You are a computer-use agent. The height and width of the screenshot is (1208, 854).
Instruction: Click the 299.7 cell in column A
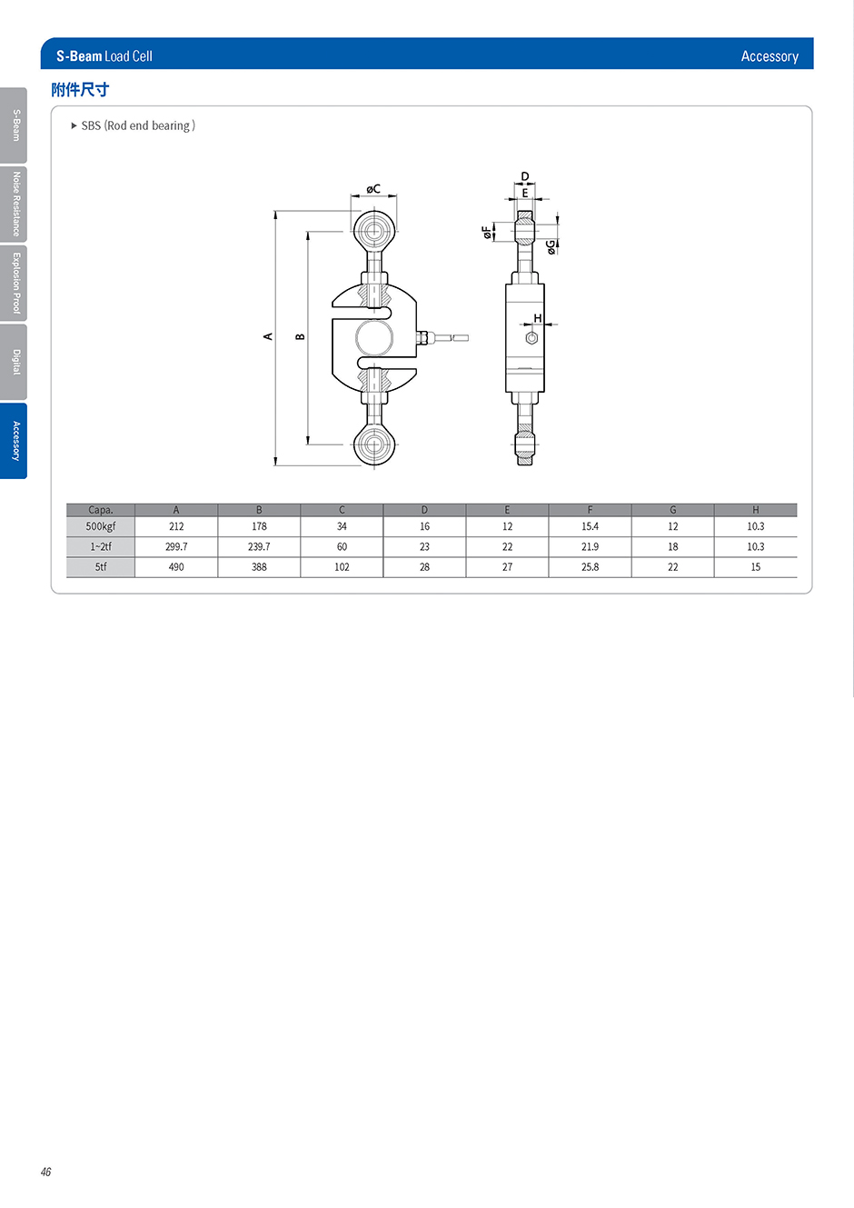click(x=176, y=547)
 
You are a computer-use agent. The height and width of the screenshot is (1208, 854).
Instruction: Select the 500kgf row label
click(x=101, y=526)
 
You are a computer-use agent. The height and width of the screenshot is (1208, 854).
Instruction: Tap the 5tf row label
click(x=101, y=567)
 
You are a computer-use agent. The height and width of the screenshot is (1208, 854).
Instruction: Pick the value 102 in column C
click(x=342, y=567)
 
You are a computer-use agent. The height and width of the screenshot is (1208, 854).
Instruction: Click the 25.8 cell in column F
click(x=590, y=567)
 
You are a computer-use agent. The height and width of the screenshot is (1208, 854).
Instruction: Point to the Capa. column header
click(x=101, y=510)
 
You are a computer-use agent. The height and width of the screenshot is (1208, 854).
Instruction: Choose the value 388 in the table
click(x=259, y=567)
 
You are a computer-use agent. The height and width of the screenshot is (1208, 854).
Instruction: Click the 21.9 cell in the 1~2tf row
click(x=590, y=547)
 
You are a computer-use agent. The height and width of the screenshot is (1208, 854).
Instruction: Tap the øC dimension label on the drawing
click(x=373, y=189)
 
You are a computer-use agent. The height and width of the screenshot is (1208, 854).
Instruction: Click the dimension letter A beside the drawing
click(x=268, y=336)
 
